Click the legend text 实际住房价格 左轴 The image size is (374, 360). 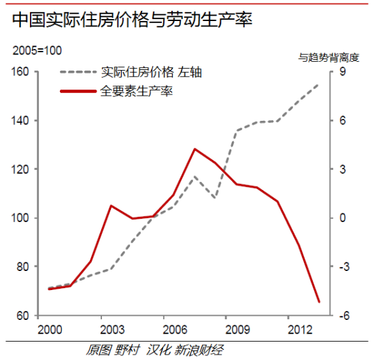click(x=151, y=72)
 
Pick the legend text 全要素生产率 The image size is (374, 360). click(x=136, y=90)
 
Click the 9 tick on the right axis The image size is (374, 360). click(x=343, y=72)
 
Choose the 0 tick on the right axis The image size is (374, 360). click(x=343, y=218)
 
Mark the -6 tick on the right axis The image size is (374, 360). click(x=345, y=316)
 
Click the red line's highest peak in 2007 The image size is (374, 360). click(x=194, y=149)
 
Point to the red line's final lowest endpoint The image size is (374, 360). click(x=319, y=302)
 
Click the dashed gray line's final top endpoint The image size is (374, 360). click(x=319, y=84)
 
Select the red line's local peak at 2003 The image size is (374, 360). click(x=112, y=205)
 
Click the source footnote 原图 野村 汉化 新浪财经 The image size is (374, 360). click(x=154, y=350)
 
